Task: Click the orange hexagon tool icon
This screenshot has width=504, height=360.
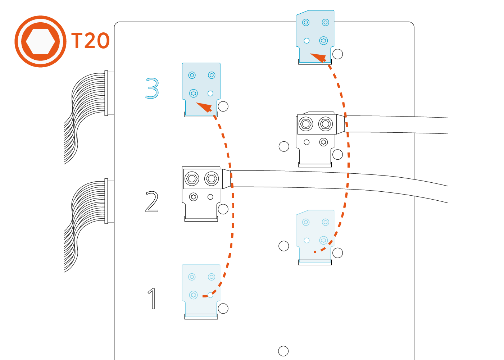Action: coord(40,41)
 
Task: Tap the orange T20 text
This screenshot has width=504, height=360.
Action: coord(90,41)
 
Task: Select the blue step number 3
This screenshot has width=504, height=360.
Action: coord(152,88)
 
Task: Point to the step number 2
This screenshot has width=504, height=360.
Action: coord(152,202)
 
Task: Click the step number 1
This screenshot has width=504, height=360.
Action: coord(153,299)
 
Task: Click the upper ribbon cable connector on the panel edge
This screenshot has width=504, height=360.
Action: coord(106,93)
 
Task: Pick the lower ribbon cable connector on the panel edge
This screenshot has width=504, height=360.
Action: coord(106,201)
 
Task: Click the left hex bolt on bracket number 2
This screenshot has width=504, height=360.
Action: coord(192,178)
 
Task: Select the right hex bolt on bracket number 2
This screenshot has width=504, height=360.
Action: coord(212,178)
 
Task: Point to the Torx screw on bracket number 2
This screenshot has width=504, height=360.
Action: coord(194,197)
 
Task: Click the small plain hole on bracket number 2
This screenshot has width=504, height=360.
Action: coord(210,197)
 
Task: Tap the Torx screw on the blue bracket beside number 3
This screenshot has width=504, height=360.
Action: coord(194,94)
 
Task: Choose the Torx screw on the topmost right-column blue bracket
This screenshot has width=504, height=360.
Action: coord(323,41)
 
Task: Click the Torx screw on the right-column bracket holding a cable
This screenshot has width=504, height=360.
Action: coord(323,142)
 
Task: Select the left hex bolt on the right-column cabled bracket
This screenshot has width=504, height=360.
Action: coord(306,124)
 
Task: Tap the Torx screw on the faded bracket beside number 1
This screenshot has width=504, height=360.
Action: coord(194,295)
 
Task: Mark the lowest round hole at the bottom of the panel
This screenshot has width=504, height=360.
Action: coord(283,351)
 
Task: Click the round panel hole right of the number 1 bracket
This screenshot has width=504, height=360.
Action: coord(223,308)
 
